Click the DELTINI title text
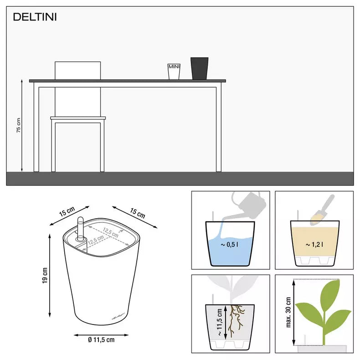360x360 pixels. (35, 17)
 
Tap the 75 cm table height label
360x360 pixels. (19, 125)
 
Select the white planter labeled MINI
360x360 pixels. (174, 71)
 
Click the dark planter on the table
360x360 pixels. (199, 68)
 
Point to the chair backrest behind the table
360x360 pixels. (77, 70)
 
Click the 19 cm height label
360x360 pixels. (44, 276)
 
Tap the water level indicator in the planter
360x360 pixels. (82, 231)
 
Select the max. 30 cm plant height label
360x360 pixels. (288, 312)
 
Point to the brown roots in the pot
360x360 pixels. (236, 317)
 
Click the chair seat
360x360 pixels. (78, 118)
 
